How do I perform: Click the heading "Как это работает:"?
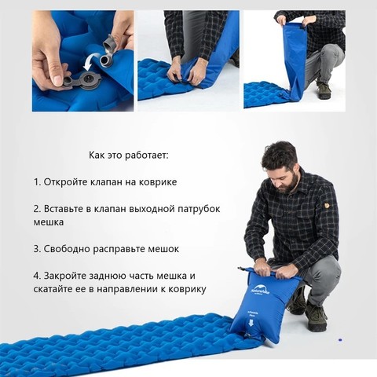[129, 156]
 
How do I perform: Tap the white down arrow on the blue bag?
[251, 324]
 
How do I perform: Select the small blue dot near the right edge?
[340, 340]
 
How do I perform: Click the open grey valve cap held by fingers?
[109, 43]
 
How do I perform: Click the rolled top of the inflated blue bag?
[270, 273]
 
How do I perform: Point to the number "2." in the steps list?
[38, 209]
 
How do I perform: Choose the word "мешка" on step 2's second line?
[49, 222]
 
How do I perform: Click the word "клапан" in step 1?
[106, 182]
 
